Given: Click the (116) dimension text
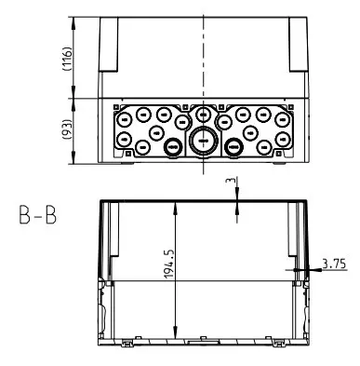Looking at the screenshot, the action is (x=67, y=59).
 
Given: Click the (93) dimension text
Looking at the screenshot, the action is (x=67, y=129).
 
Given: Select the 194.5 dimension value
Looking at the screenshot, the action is (x=169, y=264).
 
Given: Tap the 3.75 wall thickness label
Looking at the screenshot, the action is (x=334, y=264).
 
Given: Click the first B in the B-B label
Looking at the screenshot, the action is (x=25, y=215).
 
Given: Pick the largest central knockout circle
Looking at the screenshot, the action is (x=203, y=142).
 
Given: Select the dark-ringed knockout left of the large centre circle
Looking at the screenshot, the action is (x=173, y=146).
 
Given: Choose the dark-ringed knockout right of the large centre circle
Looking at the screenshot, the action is (x=233, y=146).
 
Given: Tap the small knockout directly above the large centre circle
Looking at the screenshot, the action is (x=203, y=115).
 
